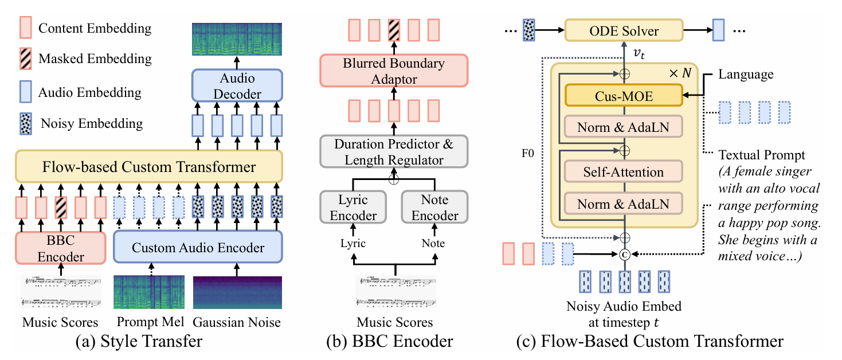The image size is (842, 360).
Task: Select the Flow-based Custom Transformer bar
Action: (x=149, y=167)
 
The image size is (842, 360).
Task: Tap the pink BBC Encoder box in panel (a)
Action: (x=60, y=248)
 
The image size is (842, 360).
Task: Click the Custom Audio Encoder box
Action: (x=198, y=248)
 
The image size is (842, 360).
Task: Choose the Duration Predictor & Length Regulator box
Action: (x=393, y=152)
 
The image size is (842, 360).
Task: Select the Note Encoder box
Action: (x=435, y=208)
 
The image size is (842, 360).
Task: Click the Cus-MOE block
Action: (x=624, y=96)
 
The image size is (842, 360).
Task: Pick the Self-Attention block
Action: (x=624, y=171)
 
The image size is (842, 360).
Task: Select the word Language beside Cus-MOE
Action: (x=745, y=75)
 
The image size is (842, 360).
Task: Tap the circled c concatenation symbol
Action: (x=624, y=254)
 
